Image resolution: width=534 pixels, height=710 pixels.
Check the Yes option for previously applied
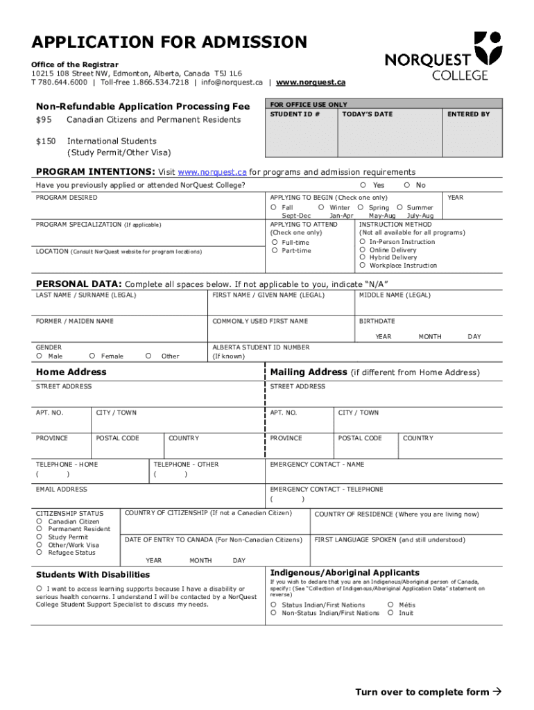[363, 185]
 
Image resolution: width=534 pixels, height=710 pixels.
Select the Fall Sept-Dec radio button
[274, 207]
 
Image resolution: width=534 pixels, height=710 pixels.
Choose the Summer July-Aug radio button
[399, 207]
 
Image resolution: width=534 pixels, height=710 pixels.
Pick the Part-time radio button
[275, 250]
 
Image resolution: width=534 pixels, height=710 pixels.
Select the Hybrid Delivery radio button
[363, 257]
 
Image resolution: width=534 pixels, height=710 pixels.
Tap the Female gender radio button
[92, 356]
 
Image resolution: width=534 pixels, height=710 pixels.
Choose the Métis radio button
[390, 605]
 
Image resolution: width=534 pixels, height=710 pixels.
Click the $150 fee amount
[45, 141]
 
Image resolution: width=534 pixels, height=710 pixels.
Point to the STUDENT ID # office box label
[295, 114]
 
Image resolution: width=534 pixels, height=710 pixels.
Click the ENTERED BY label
[468, 114]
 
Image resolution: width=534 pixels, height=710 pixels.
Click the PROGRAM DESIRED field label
[67, 198]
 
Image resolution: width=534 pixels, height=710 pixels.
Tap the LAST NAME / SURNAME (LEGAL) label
[86, 295]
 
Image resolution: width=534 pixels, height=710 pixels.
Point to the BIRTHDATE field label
[377, 321]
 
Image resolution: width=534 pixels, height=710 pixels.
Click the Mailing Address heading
[309, 372]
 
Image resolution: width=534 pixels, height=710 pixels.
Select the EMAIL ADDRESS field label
[62, 490]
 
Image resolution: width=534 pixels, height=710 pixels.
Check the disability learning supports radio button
[40, 589]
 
